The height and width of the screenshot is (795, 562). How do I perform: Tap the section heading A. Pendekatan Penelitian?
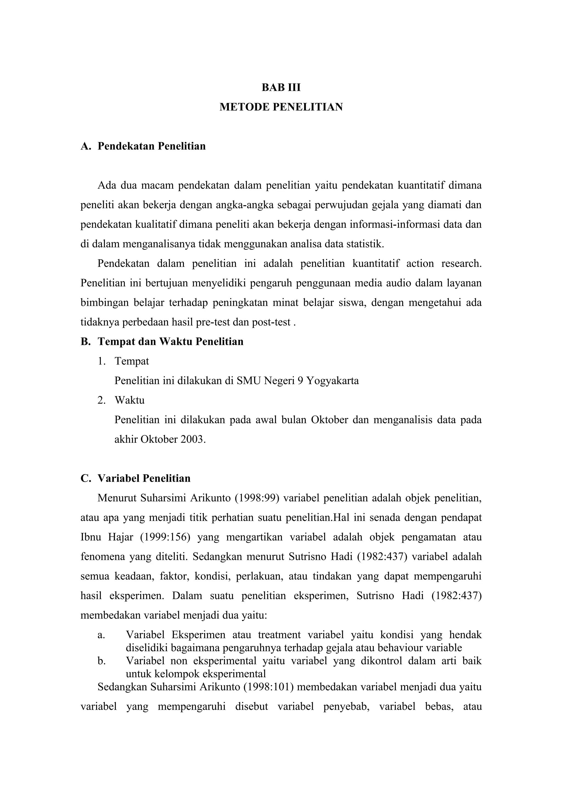coord(143,146)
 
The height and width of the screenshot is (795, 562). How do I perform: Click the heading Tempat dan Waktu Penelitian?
coord(170,342)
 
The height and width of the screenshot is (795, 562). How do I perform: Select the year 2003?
coord(193,439)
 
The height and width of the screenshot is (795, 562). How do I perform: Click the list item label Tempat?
coord(132,361)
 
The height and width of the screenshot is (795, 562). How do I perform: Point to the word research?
coord(461,264)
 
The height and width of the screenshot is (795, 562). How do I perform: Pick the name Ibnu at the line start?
coord(90,537)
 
